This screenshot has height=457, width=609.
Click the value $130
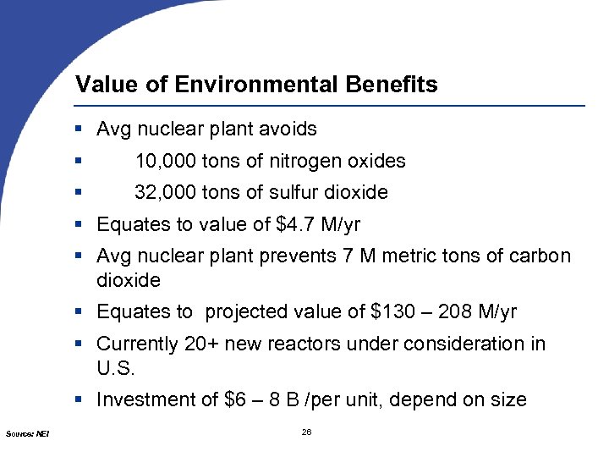[392, 311]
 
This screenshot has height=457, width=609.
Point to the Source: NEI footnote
[27, 434]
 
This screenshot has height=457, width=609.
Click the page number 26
[306, 433]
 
